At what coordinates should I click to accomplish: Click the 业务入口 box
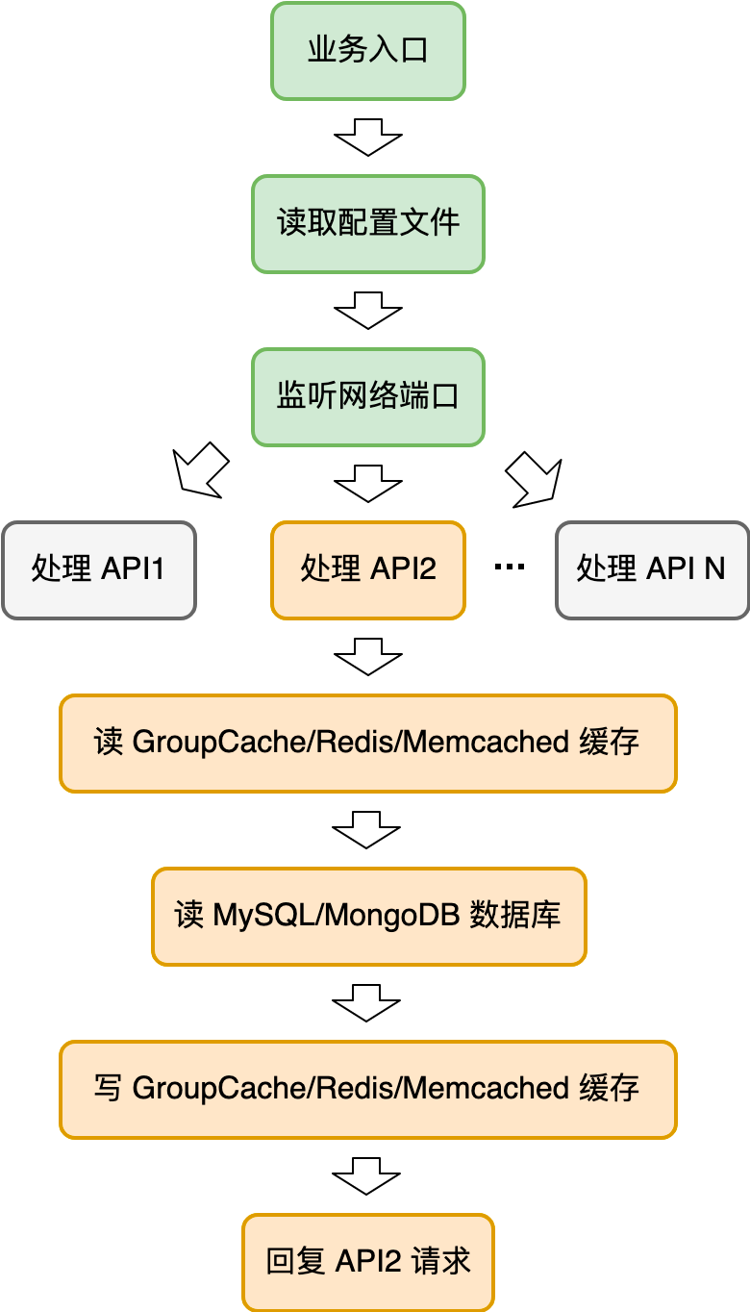[368, 50]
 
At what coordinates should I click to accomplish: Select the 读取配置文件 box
[368, 223]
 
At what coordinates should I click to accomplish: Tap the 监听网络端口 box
[368, 396]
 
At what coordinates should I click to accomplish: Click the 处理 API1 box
[99, 569]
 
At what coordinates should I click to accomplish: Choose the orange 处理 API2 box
[368, 569]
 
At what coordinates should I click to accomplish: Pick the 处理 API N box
[652, 569]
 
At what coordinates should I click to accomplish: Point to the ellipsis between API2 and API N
[510, 568]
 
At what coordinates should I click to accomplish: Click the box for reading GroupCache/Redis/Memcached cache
[368, 743]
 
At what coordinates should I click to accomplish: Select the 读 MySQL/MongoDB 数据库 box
[368, 916]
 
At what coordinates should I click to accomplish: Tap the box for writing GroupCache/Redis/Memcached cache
[368, 1089]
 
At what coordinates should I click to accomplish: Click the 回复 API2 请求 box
[368, 1262]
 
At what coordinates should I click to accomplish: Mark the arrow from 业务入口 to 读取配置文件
[368, 138]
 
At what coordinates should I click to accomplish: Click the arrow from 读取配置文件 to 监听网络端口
[368, 311]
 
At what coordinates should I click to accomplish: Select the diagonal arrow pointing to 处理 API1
[200, 471]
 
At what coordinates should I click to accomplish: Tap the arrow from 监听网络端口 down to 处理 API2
[368, 483]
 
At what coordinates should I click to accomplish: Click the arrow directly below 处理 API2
[368, 656]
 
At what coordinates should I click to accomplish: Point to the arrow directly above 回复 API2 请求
[367, 1175]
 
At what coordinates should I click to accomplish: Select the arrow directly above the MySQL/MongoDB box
[367, 829]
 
